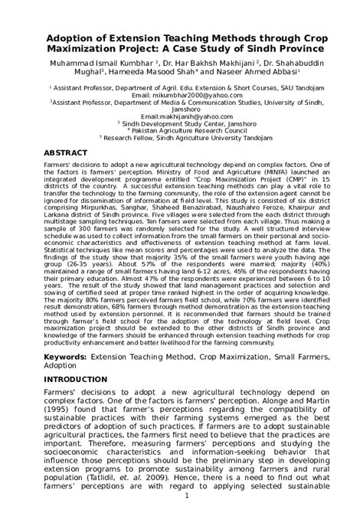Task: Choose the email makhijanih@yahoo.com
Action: coord(181,116)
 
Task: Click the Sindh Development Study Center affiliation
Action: coord(182,123)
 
